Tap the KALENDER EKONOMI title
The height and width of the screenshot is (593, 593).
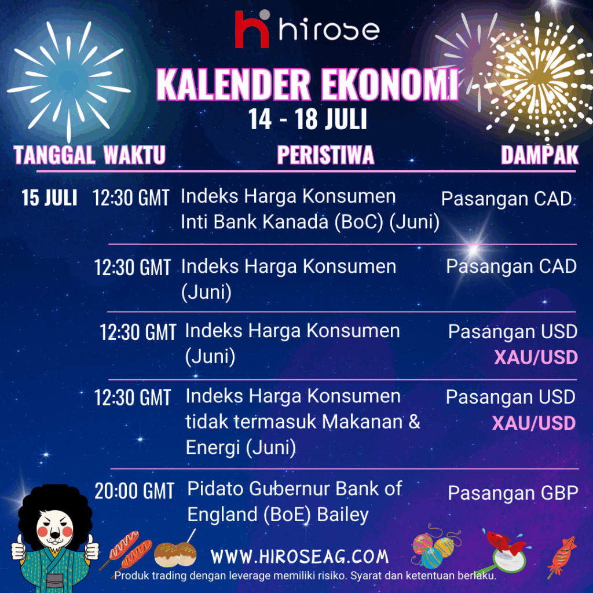coord(307,85)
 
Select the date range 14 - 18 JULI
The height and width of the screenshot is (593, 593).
coord(308,119)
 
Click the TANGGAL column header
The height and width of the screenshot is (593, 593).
coord(54,155)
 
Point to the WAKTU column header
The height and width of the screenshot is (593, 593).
coord(134,155)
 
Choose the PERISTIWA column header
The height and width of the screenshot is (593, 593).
coord(325,155)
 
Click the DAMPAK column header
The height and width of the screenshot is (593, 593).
coord(540,155)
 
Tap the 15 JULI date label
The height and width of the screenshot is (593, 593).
coord(49,198)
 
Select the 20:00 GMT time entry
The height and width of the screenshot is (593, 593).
coord(134,491)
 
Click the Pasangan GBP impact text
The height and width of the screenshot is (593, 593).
coord(513,493)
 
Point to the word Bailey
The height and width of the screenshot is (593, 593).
coord(343,515)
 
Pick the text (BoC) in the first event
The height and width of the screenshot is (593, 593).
coord(359,222)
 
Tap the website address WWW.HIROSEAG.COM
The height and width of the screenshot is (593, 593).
coord(299,557)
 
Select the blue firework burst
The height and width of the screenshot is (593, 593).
coord(69,80)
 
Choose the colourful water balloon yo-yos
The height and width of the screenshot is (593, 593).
coord(435,546)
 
